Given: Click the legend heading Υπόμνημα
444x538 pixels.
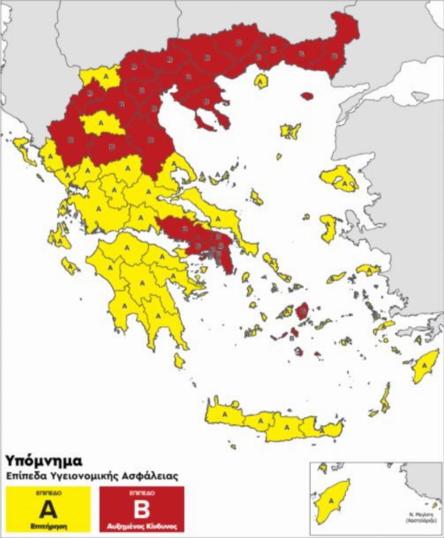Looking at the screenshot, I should point(43,461).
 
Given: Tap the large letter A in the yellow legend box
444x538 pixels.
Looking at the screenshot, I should point(48,509).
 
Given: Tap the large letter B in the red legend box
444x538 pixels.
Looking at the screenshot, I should point(142,509).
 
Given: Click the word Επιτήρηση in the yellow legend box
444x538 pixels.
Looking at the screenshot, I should point(48,526).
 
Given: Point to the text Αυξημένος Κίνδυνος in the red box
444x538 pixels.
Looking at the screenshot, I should point(142,526).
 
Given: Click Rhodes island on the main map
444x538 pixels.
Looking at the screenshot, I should point(425,365).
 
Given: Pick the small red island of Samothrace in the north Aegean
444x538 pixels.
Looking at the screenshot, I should point(307,95).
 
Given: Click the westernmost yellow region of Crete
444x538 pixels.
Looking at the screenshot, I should point(225,413).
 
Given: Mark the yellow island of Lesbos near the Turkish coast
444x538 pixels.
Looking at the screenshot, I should point(340,179).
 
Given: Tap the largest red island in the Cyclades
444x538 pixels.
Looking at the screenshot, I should point(302,312).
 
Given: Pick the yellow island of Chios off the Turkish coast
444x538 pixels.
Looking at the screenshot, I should point(328,228).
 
